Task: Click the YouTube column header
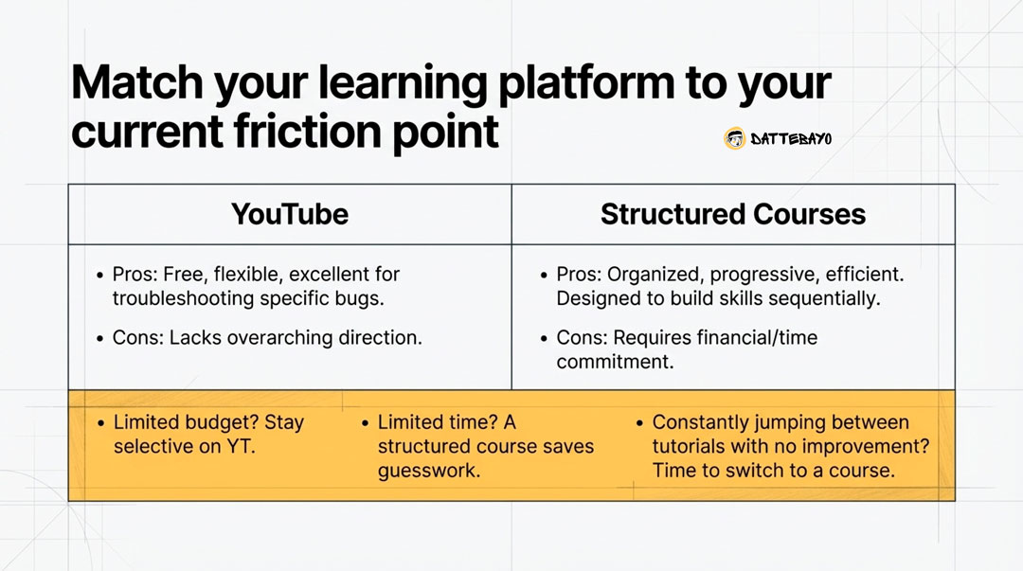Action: click(x=290, y=214)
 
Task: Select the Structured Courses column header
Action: click(x=732, y=214)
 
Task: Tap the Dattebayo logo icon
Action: click(x=735, y=138)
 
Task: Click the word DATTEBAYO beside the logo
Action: click(x=791, y=139)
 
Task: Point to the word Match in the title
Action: click(x=137, y=82)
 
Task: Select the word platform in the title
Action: click(x=586, y=83)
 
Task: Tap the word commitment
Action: click(x=615, y=362)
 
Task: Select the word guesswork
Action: click(x=429, y=472)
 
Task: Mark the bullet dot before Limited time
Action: click(x=366, y=423)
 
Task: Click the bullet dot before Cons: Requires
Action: click(x=544, y=339)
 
